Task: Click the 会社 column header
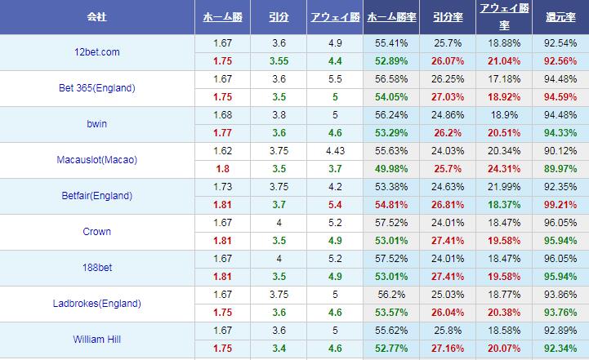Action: click(x=97, y=16)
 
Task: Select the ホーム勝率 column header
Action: click(x=390, y=16)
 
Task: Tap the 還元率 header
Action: click(x=560, y=16)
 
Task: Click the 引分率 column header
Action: click(x=448, y=16)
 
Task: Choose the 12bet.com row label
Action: click(x=97, y=52)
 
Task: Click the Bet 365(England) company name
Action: click(x=97, y=88)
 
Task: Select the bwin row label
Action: click(x=97, y=124)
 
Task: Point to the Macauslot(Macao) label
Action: click(x=97, y=160)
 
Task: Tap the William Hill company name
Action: click(x=97, y=340)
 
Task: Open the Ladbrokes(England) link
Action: click(x=97, y=304)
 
